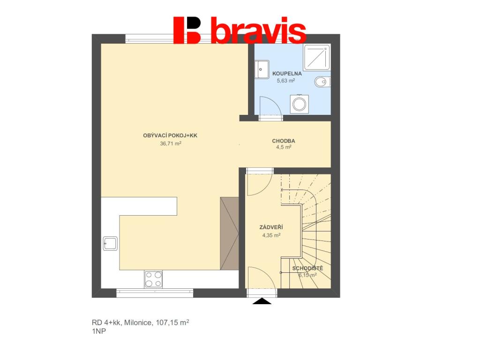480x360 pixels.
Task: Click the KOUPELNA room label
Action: click(287, 74)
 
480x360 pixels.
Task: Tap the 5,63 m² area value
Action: click(285, 81)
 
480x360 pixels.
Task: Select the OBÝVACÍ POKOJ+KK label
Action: click(170, 135)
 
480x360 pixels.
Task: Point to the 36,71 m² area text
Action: click(171, 143)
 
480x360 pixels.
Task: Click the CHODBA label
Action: click(284, 141)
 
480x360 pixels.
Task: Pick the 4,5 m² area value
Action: click(284, 147)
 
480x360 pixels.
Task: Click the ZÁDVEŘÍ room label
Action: click(271, 227)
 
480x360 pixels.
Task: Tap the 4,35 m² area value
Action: click(271, 235)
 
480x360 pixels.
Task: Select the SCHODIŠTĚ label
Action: click(307, 268)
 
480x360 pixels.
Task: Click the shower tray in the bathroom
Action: click(317, 57)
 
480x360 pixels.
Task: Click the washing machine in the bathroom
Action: click(299, 104)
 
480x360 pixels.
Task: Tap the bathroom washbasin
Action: click(262, 69)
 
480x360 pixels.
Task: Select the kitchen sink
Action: click(110, 243)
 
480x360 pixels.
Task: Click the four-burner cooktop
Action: click(153, 279)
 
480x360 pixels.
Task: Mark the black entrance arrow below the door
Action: click(262, 301)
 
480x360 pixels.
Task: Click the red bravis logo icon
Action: click(187, 30)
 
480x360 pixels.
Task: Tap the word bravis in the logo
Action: click(259, 30)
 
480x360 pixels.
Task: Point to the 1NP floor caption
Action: click(99, 331)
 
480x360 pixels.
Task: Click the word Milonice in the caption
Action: click(137, 322)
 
